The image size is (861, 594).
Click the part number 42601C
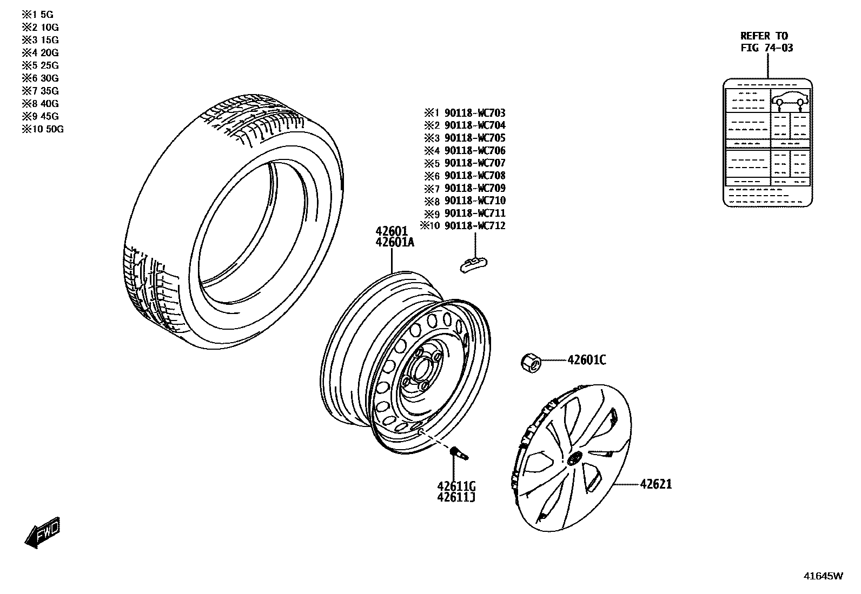click(586, 360)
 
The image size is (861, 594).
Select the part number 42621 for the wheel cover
click(656, 484)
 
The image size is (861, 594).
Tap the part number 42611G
click(457, 485)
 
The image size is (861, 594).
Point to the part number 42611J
click(457, 497)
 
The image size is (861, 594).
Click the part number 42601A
click(395, 243)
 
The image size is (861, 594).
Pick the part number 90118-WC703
click(475, 113)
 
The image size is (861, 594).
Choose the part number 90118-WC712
click(475, 225)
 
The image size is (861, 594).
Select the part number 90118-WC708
click(475, 176)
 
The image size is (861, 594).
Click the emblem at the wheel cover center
click(574, 458)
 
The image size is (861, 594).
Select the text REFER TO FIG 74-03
click(767, 42)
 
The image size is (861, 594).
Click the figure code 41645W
click(823, 576)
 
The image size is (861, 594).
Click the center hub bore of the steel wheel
click(419, 370)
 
